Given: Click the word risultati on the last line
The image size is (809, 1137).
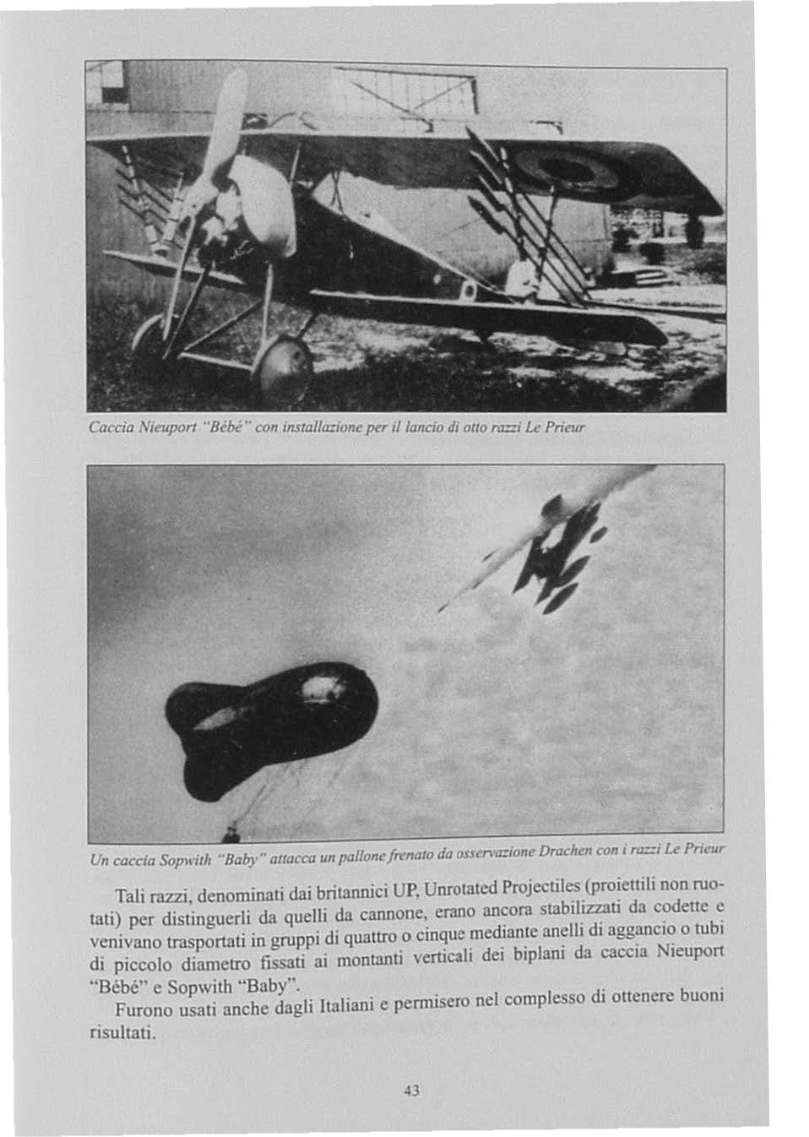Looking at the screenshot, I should pyautogui.click(x=123, y=1033).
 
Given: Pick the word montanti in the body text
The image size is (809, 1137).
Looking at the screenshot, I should pyautogui.click(x=355, y=960).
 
